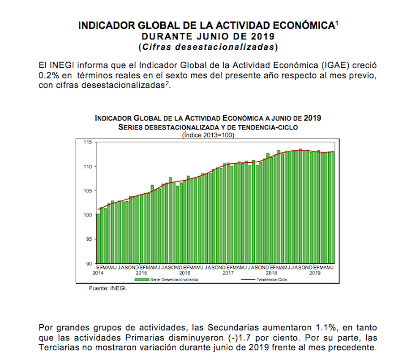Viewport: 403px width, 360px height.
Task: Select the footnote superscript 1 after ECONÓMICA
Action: click(x=336, y=22)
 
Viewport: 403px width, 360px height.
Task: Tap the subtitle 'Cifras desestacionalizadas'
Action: click(x=208, y=46)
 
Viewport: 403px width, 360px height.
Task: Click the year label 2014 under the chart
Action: click(x=99, y=273)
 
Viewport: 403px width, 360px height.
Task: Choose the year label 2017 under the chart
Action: click(x=228, y=273)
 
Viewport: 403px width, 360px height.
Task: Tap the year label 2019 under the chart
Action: click(x=315, y=273)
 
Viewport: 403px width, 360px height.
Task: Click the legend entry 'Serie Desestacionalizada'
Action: click(x=174, y=279)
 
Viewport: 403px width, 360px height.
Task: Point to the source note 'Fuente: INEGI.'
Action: click(x=108, y=289)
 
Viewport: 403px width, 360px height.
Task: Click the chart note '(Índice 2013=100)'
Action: click(x=208, y=134)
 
